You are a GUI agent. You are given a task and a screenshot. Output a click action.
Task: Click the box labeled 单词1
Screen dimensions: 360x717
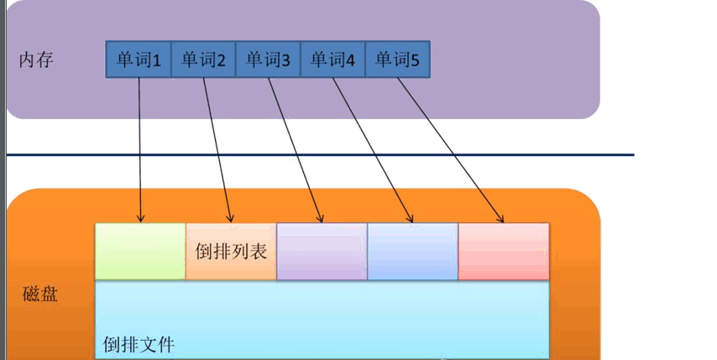[139, 60]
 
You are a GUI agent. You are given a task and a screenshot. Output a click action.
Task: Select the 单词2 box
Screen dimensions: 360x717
[203, 60]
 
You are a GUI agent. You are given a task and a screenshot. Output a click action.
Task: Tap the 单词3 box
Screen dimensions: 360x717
[268, 60]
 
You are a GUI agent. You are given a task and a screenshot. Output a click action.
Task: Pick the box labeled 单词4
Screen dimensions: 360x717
[332, 60]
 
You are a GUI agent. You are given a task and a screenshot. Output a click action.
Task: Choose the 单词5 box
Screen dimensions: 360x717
[397, 60]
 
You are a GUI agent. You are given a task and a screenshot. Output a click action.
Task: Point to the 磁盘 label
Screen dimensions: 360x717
[39, 295]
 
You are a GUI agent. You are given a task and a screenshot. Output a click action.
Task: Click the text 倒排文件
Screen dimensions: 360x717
[139, 344]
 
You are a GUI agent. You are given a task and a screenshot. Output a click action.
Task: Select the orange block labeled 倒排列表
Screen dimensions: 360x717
[231, 251]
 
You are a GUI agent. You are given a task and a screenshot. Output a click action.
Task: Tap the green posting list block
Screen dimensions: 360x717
[140, 251]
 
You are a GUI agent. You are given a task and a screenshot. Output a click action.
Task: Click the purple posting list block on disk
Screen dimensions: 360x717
[322, 251]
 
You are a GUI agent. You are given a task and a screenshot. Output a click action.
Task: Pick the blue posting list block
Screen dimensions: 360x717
[412, 251]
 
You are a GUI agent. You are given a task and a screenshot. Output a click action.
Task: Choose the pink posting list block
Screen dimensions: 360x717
[504, 251]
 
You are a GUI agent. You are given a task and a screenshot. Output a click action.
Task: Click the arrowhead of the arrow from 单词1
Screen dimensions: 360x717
[140, 219]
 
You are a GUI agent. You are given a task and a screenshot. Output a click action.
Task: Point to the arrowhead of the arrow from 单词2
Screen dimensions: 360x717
[228, 219]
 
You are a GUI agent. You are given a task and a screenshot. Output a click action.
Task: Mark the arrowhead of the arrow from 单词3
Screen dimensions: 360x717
[321, 219]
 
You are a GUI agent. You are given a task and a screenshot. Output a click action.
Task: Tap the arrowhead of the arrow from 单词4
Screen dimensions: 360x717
[411, 219]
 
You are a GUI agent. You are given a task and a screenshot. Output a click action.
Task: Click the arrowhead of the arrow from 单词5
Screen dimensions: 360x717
[501, 219]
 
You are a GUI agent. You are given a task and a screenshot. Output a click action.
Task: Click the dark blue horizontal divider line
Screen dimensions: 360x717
[319, 155]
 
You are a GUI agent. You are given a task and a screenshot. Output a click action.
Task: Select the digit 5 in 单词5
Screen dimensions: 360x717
[414, 60]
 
